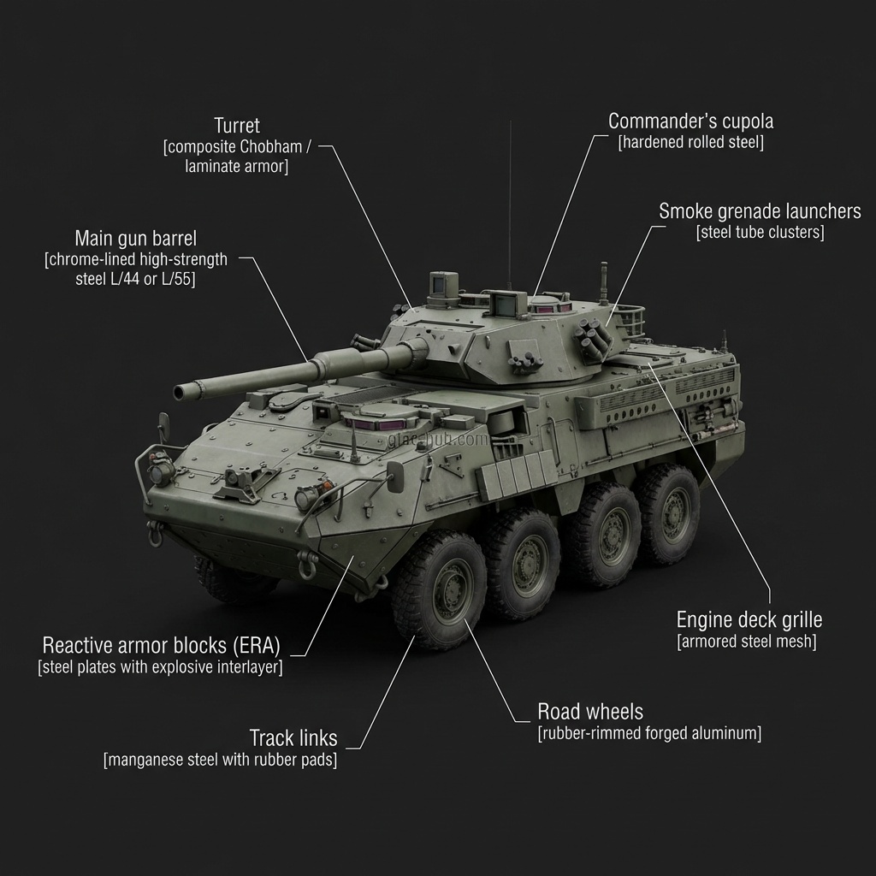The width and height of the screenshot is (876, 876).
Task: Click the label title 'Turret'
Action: point(237,126)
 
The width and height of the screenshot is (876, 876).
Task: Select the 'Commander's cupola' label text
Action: point(690,121)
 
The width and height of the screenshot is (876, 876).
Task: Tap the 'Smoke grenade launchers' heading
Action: point(760,210)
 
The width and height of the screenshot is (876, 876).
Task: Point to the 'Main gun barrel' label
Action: point(135,237)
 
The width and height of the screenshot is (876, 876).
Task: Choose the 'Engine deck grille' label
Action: point(749,619)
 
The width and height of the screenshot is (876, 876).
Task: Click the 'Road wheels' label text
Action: point(589,711)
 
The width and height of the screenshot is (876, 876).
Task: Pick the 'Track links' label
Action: point(293,737)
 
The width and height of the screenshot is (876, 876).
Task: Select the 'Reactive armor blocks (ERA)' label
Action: point(161,644)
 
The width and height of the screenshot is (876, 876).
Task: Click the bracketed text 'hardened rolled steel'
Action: point(690,143)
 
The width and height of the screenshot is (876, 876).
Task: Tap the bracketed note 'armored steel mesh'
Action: point(747,642)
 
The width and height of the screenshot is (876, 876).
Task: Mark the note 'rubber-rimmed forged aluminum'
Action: point(649,733)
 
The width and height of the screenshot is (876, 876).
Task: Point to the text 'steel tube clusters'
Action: point(760,233)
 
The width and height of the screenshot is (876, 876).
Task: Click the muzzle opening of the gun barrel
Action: point(180,392)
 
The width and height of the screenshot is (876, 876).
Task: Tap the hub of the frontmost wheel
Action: point(447,589)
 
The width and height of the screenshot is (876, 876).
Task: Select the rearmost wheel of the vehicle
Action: point(670,512)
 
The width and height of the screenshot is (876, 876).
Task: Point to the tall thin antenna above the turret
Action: point(510,205)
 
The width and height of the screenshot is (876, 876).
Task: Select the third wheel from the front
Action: point(607,535)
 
